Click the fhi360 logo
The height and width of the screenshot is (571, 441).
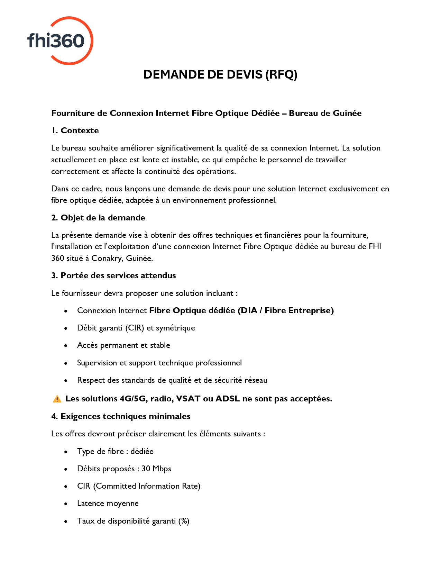[60, 40]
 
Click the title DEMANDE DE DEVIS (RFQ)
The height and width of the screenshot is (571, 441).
[220, 75]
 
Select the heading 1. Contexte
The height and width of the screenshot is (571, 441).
[75, 130]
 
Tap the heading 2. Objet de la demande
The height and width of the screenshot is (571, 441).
[98, 218]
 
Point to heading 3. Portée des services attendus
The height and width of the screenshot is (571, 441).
[113, 275]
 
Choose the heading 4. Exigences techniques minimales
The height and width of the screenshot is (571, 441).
[121, 416]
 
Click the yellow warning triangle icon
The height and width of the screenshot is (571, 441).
[57, 399]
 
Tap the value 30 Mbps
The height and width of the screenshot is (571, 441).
[156, 469]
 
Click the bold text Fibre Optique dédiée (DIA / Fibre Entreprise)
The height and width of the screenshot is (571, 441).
[241, 310]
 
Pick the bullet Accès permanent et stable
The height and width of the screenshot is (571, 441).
[123, 345]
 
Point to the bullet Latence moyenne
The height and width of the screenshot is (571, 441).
[108, 503]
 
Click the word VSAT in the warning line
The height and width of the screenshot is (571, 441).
[188, 399]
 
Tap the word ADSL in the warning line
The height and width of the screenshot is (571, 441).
[228, 399]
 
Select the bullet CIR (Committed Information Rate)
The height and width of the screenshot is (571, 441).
[139, 486]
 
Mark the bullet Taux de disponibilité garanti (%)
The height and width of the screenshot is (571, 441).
[133, 521]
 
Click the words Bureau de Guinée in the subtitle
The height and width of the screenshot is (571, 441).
[325, 113]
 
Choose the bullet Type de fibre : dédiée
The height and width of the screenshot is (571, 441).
[115, 451]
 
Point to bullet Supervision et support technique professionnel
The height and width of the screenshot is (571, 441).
[159, 363]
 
